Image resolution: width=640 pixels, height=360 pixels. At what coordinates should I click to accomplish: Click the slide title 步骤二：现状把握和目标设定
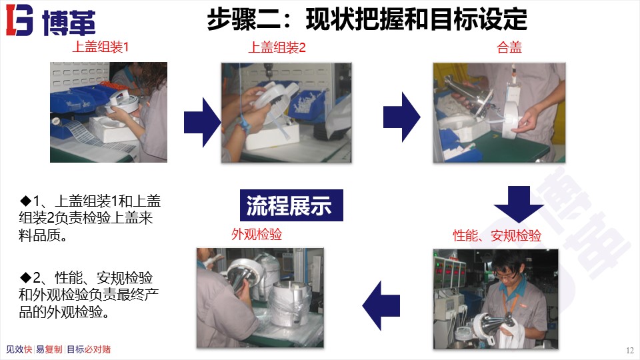coord(367,19)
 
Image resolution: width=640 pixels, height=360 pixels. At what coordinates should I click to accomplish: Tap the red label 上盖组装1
coord(100,47)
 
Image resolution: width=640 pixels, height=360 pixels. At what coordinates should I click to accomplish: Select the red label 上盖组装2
coord(277,47)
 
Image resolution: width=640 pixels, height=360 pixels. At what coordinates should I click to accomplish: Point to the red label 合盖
coord(509,47)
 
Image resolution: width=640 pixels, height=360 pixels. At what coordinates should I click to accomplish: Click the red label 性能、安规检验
coord(497,235)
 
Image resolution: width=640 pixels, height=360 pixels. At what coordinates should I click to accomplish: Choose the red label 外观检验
coord(257,234)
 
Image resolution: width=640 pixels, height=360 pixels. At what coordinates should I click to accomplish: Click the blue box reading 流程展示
coord(291,205)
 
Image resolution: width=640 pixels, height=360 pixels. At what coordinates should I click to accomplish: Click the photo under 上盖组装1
coord(109,112)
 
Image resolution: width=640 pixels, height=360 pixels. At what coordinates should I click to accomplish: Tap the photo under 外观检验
coord(260,297)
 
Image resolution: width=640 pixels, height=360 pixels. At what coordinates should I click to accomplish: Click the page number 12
coord(630,351)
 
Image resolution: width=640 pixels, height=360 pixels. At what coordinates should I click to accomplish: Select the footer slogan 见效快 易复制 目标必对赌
coord(58,349)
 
